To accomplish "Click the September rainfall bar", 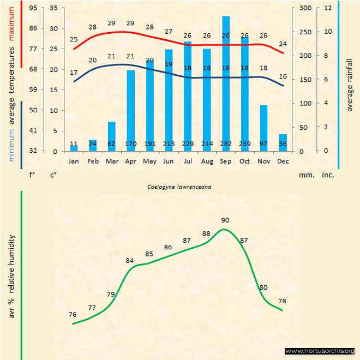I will point(225,82).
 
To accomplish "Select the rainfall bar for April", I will point(131,109).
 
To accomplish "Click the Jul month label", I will point(188,161).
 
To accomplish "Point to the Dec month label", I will point(283,161).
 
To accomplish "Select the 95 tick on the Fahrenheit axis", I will point(33,8).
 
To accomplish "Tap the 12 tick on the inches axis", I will point(328,8).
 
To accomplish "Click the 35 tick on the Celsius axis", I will point(53,8).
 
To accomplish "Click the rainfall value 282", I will point(225,144).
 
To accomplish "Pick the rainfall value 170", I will point(131,144).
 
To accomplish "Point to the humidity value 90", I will point(225,220).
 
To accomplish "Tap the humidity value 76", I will point(73,315).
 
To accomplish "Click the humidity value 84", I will point(130,261).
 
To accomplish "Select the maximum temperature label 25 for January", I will point(74,39).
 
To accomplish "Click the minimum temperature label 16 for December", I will point(283,76).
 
